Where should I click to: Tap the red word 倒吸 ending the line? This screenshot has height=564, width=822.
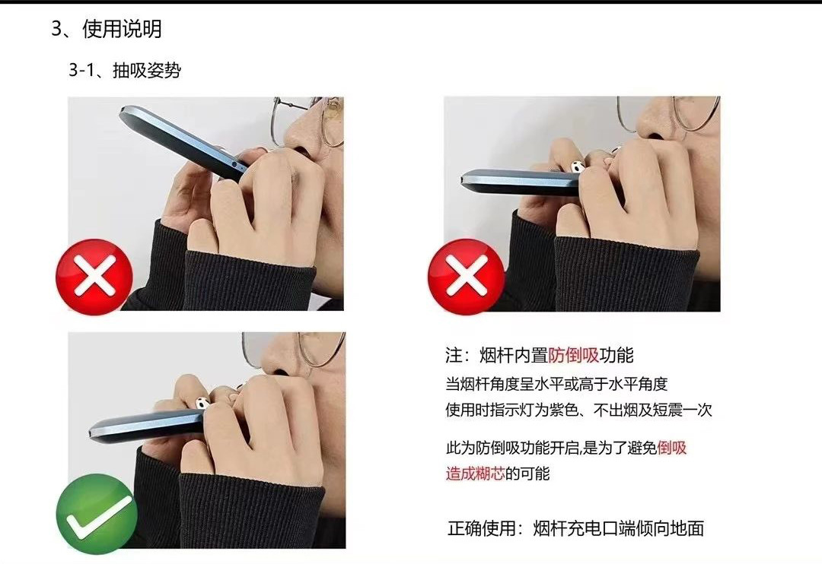(x=672, y=447)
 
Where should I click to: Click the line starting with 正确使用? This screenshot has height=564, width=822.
(x=575, y=528)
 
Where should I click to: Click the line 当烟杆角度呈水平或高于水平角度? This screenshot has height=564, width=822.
(x=556, y=383)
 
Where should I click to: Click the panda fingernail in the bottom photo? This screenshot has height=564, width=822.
(x=203, y=403)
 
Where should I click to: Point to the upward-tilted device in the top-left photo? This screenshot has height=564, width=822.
(x=180, y=141)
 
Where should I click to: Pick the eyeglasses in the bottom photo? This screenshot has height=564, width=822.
(x=304, y=351)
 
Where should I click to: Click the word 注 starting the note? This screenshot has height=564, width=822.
(x=454, y=355)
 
